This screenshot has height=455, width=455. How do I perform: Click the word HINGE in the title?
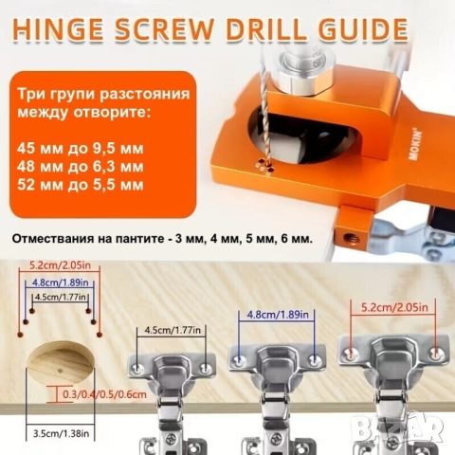click(x=59, y=29)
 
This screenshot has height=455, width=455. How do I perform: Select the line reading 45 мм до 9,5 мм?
click(x=81, y=149)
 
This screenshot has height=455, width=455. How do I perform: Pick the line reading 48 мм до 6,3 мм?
click(x=81, y=167)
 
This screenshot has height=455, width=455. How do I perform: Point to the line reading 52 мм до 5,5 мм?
click(x=81, y=185)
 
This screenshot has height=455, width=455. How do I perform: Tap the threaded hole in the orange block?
click(x=352, y=236)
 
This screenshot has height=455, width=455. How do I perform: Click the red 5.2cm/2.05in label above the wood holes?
click(x=60, y=264)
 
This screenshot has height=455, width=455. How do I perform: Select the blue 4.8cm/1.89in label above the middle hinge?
click(x=278, y=315)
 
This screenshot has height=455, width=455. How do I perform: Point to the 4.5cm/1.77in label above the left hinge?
click(x=173, y=330)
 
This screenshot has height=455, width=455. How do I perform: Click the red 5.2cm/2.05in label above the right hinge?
click(x=394, y=307)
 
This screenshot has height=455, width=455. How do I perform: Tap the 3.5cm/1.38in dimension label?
click(x=61, y=433)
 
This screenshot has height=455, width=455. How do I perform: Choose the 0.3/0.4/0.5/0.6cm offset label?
click(x=104, y=394)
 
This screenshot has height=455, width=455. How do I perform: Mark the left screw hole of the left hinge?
click(x=137, y=368)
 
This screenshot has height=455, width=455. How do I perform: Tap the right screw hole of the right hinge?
click(x=436, y=353)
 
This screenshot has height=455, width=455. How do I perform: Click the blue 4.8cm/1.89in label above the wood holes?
click(x=61, y=282)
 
